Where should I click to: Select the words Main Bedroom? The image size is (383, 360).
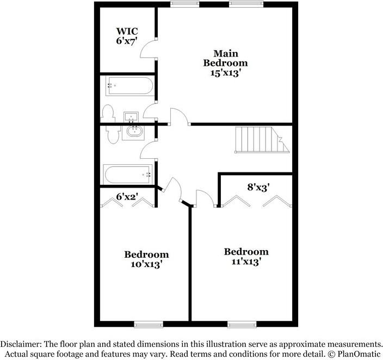click(225, 58)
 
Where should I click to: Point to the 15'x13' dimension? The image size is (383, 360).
click(225, 72)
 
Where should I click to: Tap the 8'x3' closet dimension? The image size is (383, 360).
click(259, 187)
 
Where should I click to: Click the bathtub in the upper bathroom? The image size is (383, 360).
click(130, 86)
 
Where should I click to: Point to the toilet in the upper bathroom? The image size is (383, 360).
click(108, 114)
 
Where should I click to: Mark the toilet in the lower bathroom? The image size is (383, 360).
click(112, 134)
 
